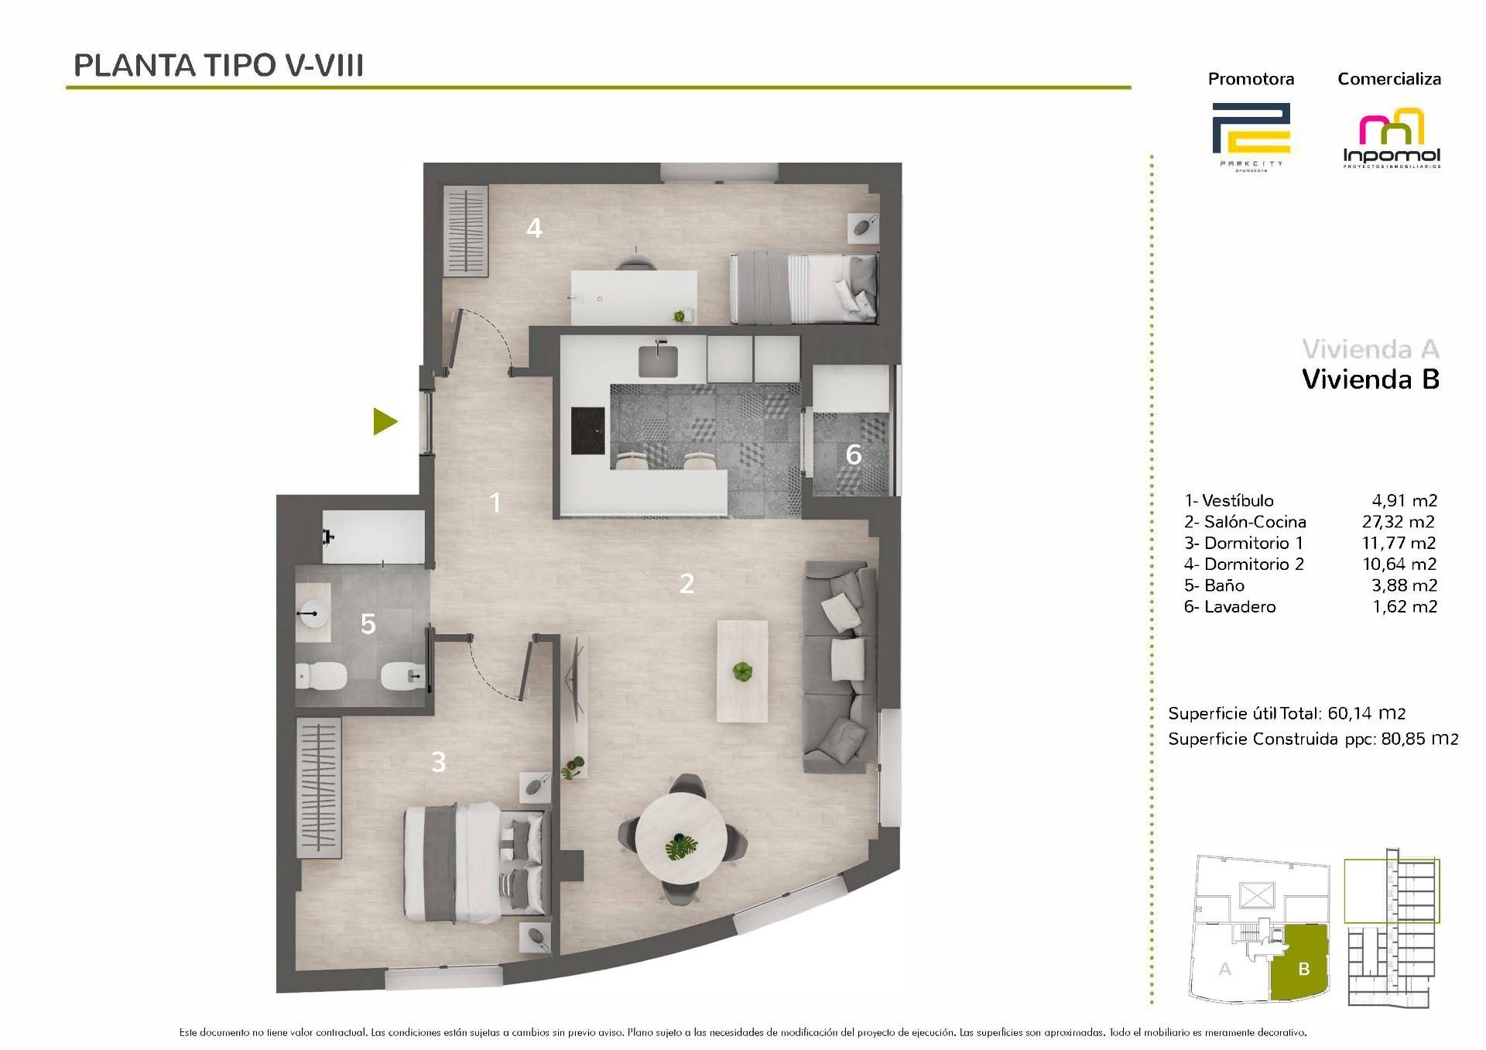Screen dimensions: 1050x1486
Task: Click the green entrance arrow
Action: (385, 422)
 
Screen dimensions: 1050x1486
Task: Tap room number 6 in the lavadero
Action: (853, 455)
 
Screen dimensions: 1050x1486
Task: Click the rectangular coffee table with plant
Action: (743, 671)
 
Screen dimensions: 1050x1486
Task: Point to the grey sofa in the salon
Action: (841, 667)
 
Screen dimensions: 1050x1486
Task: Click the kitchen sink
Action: (658, 361)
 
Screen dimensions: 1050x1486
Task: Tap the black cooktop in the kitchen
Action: (587, 431)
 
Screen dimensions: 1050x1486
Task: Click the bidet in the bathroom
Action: (399, 677)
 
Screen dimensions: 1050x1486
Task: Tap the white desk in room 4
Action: (633, 297)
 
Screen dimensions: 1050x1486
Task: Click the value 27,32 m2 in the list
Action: (1398, 522)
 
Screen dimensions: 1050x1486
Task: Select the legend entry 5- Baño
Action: (1214, 585)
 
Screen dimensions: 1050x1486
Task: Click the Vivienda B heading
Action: (1370, 379)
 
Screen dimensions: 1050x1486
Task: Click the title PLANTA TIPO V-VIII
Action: (218, 66)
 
